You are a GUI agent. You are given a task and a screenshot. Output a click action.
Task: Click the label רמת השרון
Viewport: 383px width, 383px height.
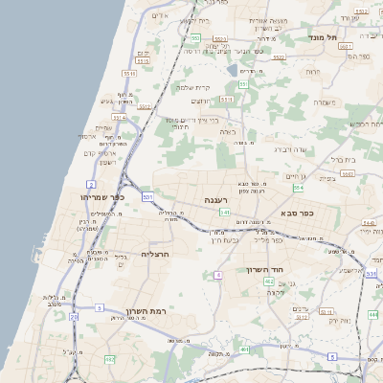click(x=144, y=312)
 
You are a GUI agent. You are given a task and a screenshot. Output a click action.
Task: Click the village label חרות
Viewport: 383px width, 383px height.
click(x=312, y=72)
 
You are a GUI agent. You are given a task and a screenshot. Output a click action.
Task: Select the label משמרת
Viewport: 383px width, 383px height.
click(x=324, y=102)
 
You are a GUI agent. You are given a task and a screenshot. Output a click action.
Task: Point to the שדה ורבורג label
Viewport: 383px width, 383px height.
click(x=289, y=149)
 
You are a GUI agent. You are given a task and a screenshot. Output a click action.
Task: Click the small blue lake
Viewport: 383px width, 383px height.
click(x=232, y=70)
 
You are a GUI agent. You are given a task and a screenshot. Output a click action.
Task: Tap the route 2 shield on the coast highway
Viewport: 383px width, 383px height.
click(x=91, y=184)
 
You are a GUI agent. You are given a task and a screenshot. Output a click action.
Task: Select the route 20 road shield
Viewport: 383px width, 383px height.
click(x=74, y=317)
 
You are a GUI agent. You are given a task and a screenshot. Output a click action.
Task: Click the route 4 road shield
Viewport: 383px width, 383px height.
click(x=218, y=275)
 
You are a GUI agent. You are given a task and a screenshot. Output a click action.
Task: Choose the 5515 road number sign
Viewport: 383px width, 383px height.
click(x=144, y=60)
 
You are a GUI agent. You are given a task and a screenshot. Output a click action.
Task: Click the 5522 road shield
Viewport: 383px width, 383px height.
click(x=279, y=56)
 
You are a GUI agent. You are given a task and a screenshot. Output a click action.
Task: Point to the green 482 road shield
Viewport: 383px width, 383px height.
click(x=109, y=359)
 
